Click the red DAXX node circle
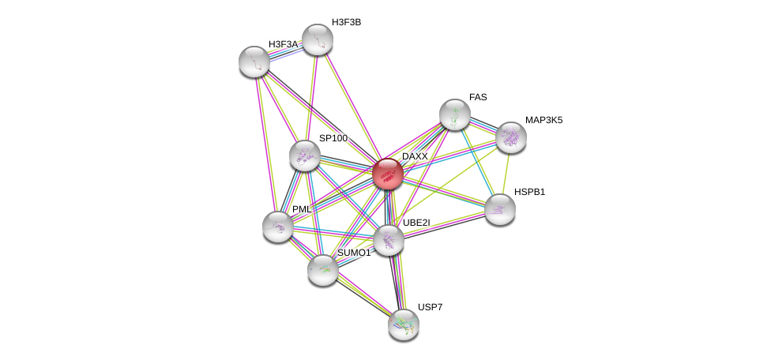click(x=387, y=174)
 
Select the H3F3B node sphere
click(x=318, y=39)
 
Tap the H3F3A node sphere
click(x=254, y=62)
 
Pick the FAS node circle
click(x=454, y=114)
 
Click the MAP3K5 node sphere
click(x=511, y=137)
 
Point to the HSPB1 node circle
click(x=499, y=209)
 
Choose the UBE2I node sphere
click(x=388, y=240)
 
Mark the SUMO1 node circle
click(x=323, y=270)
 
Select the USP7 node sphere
click(x=404, y=324)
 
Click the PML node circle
click(x=278, y=227)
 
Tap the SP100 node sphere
click(x=305, y=156)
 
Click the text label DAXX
click(x=415, y=156)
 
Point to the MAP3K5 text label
click(x=543, y=120)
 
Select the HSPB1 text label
click(x=529, y=192)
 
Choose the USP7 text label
click(x=431, y=307)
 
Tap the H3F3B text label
click(x=346, y=22)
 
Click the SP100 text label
click(x=333, y=138)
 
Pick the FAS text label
click(x=478, y=97)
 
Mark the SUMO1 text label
click(x=354, y=253)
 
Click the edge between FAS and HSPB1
click(x=477, y=162)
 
